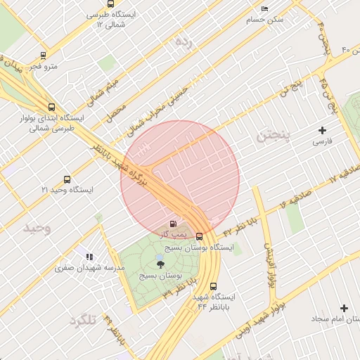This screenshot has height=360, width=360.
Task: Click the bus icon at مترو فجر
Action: [x=44, y=55]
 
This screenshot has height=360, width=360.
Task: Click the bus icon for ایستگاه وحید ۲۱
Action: [x=67, y=179]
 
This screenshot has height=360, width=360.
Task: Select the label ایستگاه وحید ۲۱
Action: [x=64, y=191]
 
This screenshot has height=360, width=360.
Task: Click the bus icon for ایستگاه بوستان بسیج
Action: [x=199, y=237]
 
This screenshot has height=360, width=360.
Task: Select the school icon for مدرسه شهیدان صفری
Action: [x=89, y=257]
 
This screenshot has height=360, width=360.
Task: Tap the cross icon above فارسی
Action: [x=322, y=130]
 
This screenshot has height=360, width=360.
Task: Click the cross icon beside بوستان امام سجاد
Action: [x=344, y=308]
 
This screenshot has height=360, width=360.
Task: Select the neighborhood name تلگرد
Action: [x=83, y=321]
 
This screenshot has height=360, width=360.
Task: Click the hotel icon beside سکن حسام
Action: [x=264, y=8]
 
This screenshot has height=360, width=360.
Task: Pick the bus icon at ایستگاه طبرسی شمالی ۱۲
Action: [x=103, y=25]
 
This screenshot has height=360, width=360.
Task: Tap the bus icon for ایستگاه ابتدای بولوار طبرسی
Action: [x=51, y=107]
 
